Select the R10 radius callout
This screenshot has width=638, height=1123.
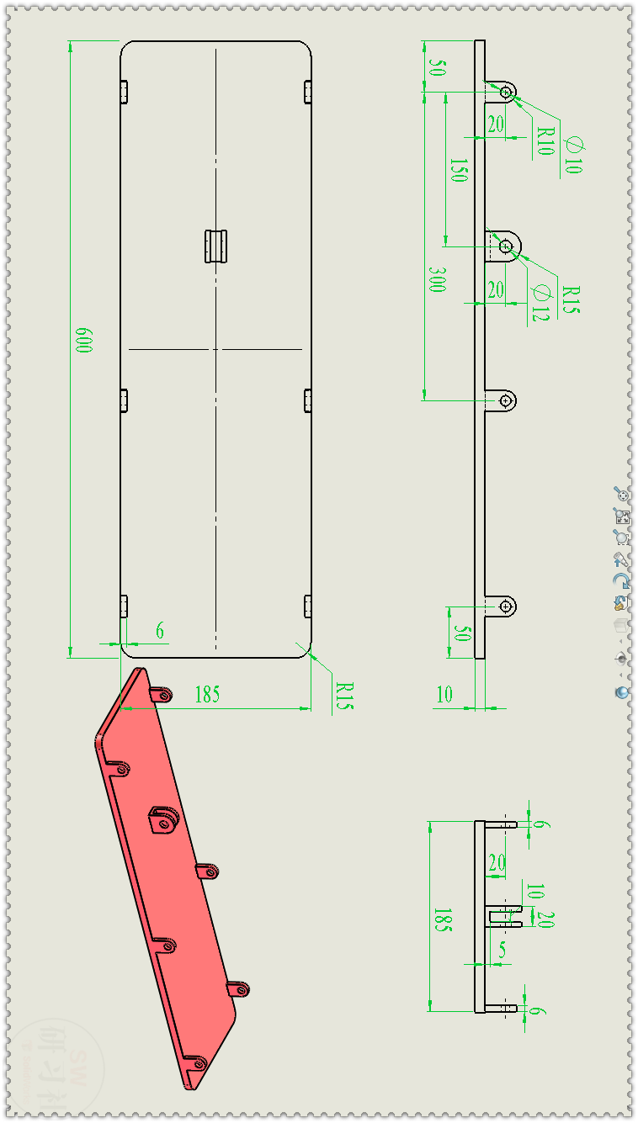[545, 140]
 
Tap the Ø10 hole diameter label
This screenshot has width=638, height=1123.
[572, 154]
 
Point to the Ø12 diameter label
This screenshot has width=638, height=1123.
[540, 303]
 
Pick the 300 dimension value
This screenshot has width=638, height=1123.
[436, 280]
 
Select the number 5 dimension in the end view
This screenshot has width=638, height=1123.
[502, 950]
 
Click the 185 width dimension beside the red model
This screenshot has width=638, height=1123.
[207, 695]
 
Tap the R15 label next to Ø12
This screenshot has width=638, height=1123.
[571, 299]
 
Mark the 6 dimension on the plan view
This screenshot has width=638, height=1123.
[160, 630]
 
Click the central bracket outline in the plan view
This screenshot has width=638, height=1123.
[217, 246]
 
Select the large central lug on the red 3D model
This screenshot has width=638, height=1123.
[162, 818]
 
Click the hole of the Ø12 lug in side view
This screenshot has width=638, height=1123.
[506, 246]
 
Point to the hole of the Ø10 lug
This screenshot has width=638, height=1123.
[506, 92]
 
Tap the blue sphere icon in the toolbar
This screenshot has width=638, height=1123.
[621, 692]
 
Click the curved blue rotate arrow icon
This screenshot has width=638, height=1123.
[621, 580]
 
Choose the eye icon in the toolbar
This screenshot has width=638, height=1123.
[621, 658]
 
